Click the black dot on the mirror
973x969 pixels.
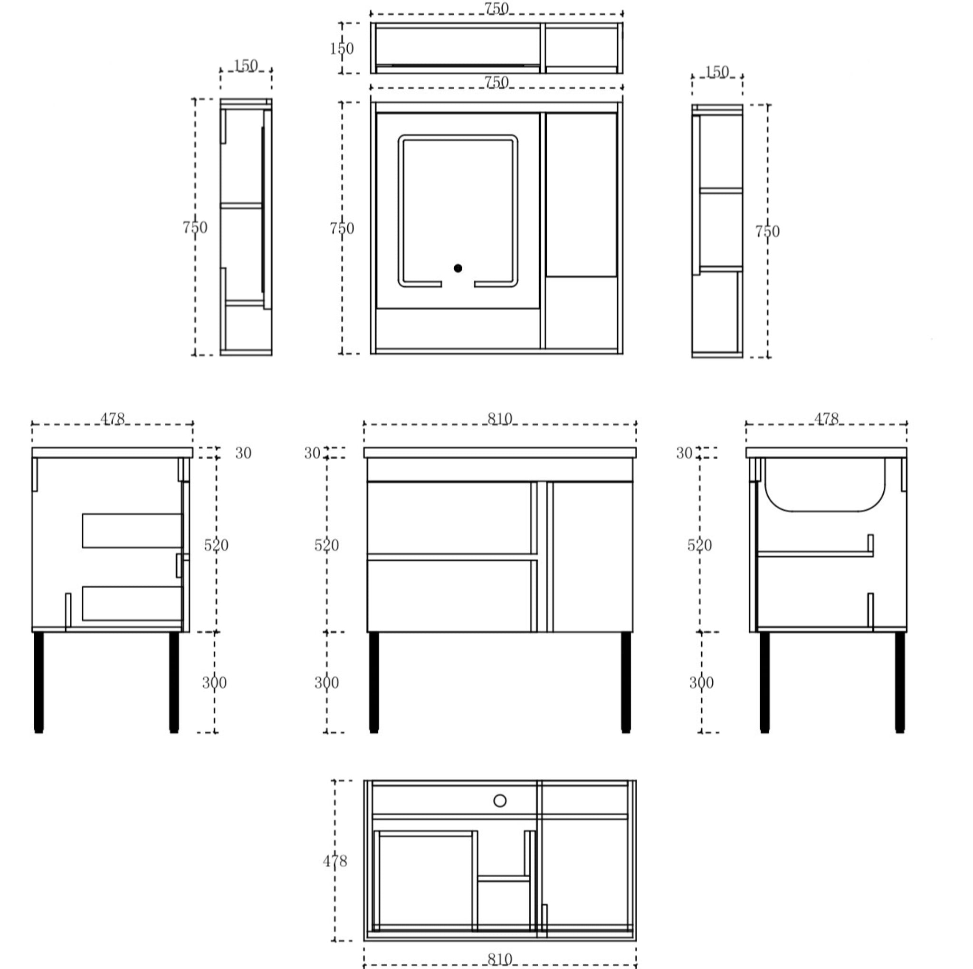tap(458, 268)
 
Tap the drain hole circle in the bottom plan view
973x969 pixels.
tap(500, 800)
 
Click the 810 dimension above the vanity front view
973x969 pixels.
tap(500, 418)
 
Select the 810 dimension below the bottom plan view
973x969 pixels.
tap(500, 959)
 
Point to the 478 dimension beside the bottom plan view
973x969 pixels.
tap(335, 861)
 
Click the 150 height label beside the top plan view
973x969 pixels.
tap(342, 48)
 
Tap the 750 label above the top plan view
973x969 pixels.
tap(496, 8)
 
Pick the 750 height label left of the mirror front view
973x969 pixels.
tap(342, 228)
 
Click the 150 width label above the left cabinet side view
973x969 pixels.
tap(246, 65)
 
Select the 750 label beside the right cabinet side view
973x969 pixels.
tap(767, 231)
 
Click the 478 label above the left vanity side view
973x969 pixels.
tap(112, 418)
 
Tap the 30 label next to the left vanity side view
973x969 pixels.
tap(243, 453)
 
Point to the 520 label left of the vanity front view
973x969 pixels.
tap(327, 545)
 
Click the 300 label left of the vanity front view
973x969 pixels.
tap(327, 682)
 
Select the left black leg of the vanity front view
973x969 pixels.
tap(374, 682)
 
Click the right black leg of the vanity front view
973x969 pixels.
tap(626, 682)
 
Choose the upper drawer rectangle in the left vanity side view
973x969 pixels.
tap(132, 531)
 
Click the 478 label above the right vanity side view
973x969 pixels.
tap(827, 418)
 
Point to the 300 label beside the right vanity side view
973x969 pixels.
tap(702, 682)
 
